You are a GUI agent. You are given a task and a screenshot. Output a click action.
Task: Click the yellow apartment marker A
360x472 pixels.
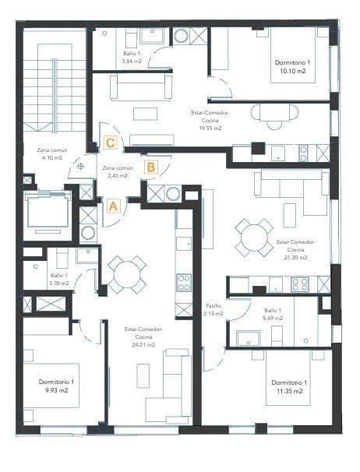[x=112, y=206]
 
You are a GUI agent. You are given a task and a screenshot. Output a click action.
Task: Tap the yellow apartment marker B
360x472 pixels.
[x=151, y=167]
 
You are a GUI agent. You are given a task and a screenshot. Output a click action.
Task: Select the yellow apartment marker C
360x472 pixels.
[x=111, y=143]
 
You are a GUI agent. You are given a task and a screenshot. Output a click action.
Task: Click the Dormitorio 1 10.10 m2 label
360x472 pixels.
[x=291, y=66]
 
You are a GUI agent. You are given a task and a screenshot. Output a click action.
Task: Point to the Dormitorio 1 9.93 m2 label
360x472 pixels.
[x=56, y=386]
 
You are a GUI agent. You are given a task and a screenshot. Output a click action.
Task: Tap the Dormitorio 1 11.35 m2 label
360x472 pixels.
[x=289, y=386]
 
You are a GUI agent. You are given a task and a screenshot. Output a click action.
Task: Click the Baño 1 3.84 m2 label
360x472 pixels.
[x=132, y=57]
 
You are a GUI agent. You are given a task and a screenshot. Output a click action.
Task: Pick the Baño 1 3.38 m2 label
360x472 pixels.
[x=59, y=280]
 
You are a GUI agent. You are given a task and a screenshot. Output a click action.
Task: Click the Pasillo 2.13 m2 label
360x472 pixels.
[x=214, y=309]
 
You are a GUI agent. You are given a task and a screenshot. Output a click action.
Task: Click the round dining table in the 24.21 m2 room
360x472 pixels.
[x=126, y=274]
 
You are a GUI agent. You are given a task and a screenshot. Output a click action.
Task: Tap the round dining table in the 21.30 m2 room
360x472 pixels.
[x=254, y=237]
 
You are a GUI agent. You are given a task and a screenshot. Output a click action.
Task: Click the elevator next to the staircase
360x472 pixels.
[x=48, y=210]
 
